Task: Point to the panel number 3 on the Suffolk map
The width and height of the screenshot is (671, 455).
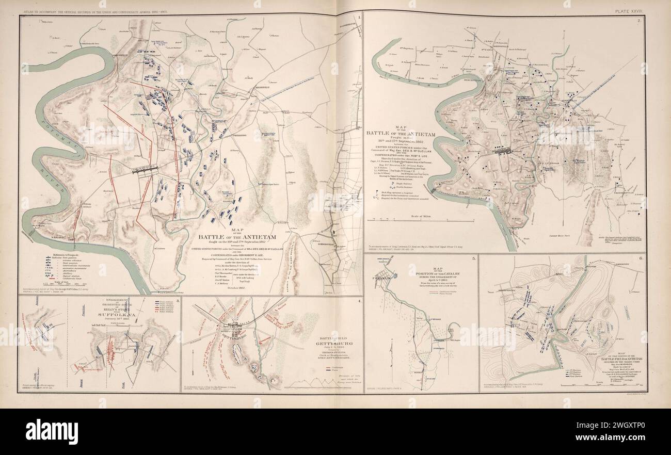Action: (177, 300)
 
